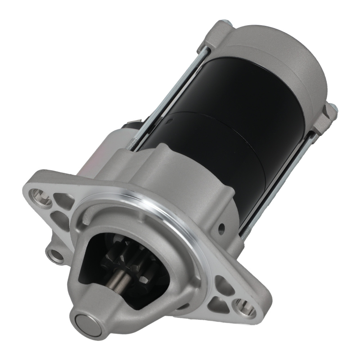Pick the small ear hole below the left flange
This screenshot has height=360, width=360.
point(57,255)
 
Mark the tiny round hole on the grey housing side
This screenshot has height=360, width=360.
point(221,228)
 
